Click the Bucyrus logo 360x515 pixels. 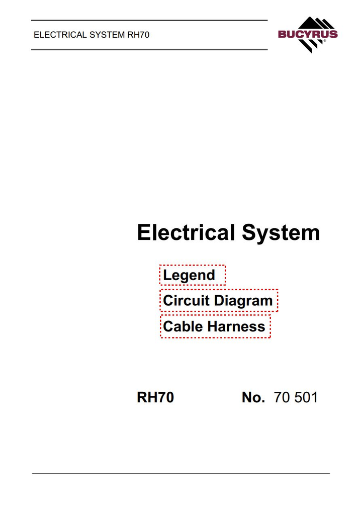pos(308,35)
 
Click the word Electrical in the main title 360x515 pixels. pos(186,232)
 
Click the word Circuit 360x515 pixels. pos(186,301)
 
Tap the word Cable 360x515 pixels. pos(183,326)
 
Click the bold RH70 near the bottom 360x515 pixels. pos(155,397)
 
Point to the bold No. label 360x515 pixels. pos(253,397)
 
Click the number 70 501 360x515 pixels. pos(296,397)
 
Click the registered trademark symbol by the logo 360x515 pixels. pos(325,41)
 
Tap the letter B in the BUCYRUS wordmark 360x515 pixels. pos(283,34)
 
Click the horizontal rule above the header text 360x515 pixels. pos(149,20)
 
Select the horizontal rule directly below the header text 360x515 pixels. pos(149,50)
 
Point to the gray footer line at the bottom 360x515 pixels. pos(181,474)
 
